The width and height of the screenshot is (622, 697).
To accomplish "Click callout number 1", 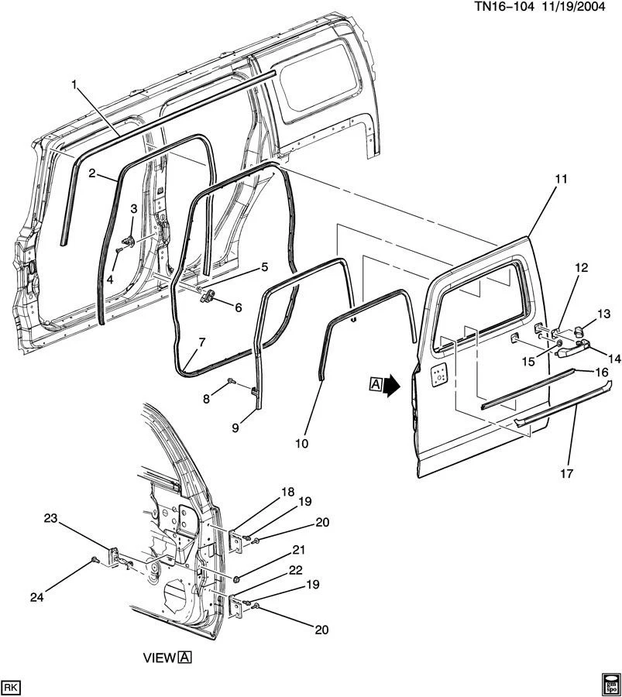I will [x=75, y=84].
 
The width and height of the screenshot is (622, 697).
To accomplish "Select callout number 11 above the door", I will [x=561, y=179].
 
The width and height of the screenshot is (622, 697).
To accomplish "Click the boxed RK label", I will [x=11, y=686].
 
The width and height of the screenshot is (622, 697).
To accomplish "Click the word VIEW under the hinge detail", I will [x=159, y=658].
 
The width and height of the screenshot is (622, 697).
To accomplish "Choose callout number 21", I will [x=297, y=551].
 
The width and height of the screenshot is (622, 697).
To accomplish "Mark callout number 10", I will [x=301, y=444].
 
